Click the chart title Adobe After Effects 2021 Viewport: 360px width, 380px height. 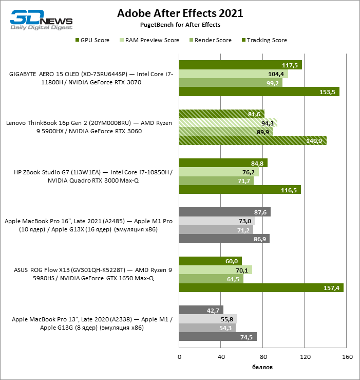tap(180, 13)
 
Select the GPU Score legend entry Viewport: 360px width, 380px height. tap(92, 40)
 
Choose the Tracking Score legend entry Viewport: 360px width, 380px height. tap(266, 40)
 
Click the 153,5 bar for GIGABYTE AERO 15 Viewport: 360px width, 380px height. tap(259, 92)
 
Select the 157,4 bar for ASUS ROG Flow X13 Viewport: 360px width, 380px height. tap(261, 288)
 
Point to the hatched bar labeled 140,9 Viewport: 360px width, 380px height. tap(253, 141)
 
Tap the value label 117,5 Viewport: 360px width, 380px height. tap(291, 65)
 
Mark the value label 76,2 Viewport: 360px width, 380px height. tap(249, 172)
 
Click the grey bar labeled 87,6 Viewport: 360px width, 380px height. tap(224, 212)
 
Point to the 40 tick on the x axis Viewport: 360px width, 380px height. tap(221, 357)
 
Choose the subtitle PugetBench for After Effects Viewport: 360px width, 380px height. tap(180, 25)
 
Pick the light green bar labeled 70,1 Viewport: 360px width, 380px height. tap(216, 270)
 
